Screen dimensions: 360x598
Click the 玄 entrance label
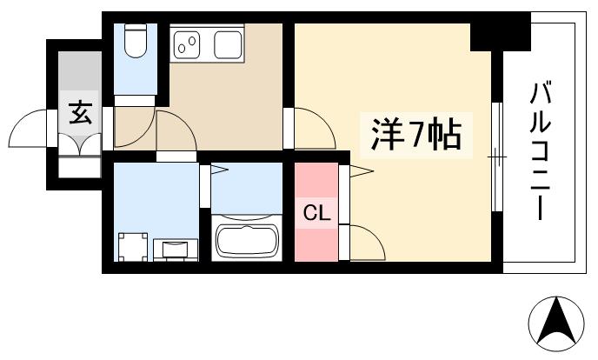80,114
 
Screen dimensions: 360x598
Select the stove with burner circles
188,44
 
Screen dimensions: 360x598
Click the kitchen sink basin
226,44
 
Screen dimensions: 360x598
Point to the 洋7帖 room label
415,135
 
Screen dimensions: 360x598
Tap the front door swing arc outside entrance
31,130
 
